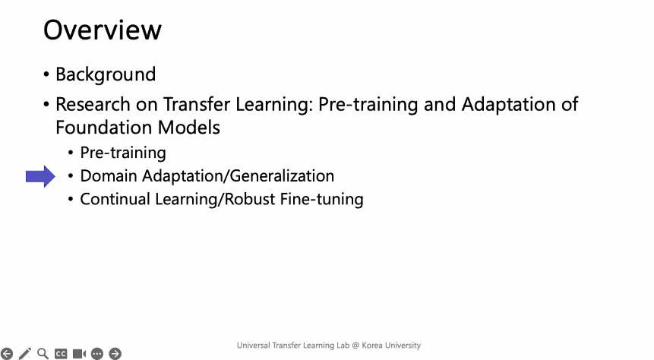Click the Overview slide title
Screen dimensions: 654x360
click(103, 30)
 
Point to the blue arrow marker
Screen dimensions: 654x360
click(40, 176)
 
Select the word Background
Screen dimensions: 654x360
click(106, 74)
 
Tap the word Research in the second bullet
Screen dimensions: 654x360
click(93, 104)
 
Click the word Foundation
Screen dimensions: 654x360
click(104, 128)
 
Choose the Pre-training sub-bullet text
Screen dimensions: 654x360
click(123, 153)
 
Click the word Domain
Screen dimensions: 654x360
click(109, 176)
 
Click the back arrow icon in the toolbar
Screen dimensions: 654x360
click(7, 354)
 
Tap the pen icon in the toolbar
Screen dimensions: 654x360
click(25, 354)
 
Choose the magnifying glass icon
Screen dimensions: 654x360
click(43, 354)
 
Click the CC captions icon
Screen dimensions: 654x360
click(61, 354)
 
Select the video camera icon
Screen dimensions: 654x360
click(79, 354)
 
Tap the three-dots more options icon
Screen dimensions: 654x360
click(97, 354)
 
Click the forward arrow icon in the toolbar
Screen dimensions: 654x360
click(115, 354)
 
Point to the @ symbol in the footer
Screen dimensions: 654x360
click(355, 346)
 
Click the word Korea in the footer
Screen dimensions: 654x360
click(372, 346)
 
